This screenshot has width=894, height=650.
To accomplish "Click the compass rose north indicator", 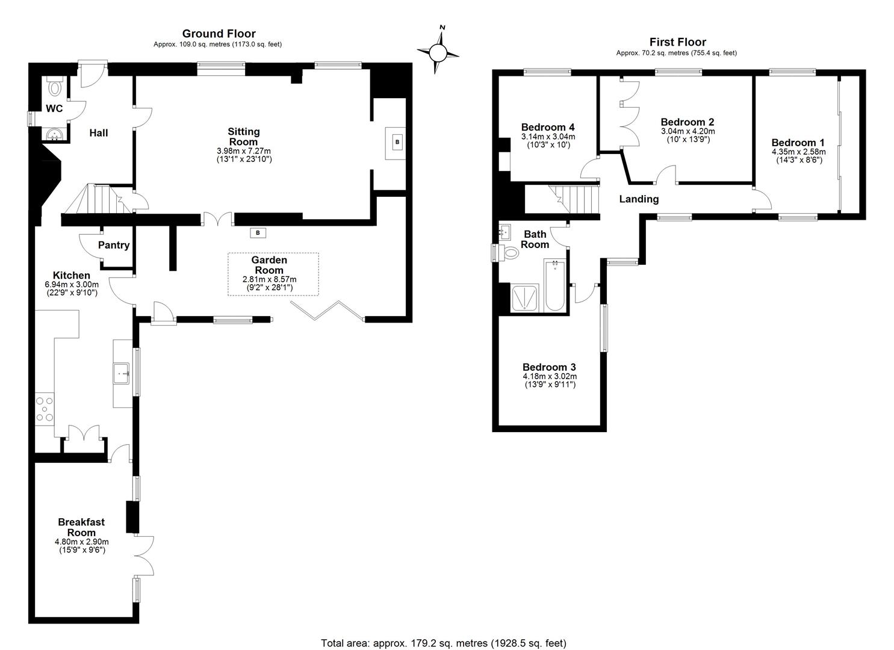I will click(x=438, y=53).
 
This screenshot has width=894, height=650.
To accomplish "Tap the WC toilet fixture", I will click(x=55, y=87).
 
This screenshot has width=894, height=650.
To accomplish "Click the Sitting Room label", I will click(x=243, y=137).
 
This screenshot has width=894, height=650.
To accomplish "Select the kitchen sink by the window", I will click(x=122, y=373).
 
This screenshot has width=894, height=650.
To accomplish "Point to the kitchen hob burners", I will click(x=45, y=408).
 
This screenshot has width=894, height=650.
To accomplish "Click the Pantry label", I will click(x=114, y=245).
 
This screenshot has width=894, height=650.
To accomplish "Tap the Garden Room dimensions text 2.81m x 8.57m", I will click(x=269, y=279).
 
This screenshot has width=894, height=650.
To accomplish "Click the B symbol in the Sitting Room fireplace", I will click(x=396, y=142).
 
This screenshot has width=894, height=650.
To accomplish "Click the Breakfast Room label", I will click(x=81, y=527).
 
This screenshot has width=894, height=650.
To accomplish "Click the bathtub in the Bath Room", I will click(x=554, y=286).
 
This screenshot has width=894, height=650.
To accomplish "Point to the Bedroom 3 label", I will click(x=549, y=367).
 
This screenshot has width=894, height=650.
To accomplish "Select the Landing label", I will click(x=639, y=199).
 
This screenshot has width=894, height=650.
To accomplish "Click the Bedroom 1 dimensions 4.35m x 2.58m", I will click(x=798, y=152).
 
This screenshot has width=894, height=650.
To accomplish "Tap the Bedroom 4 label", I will click(x=547, y=127).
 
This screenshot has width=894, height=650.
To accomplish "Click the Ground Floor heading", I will click(x=219, y=34).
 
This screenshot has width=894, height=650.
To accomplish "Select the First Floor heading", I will click(x=677, y=42).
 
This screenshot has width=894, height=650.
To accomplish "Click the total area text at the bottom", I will click(x=444, y=643).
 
